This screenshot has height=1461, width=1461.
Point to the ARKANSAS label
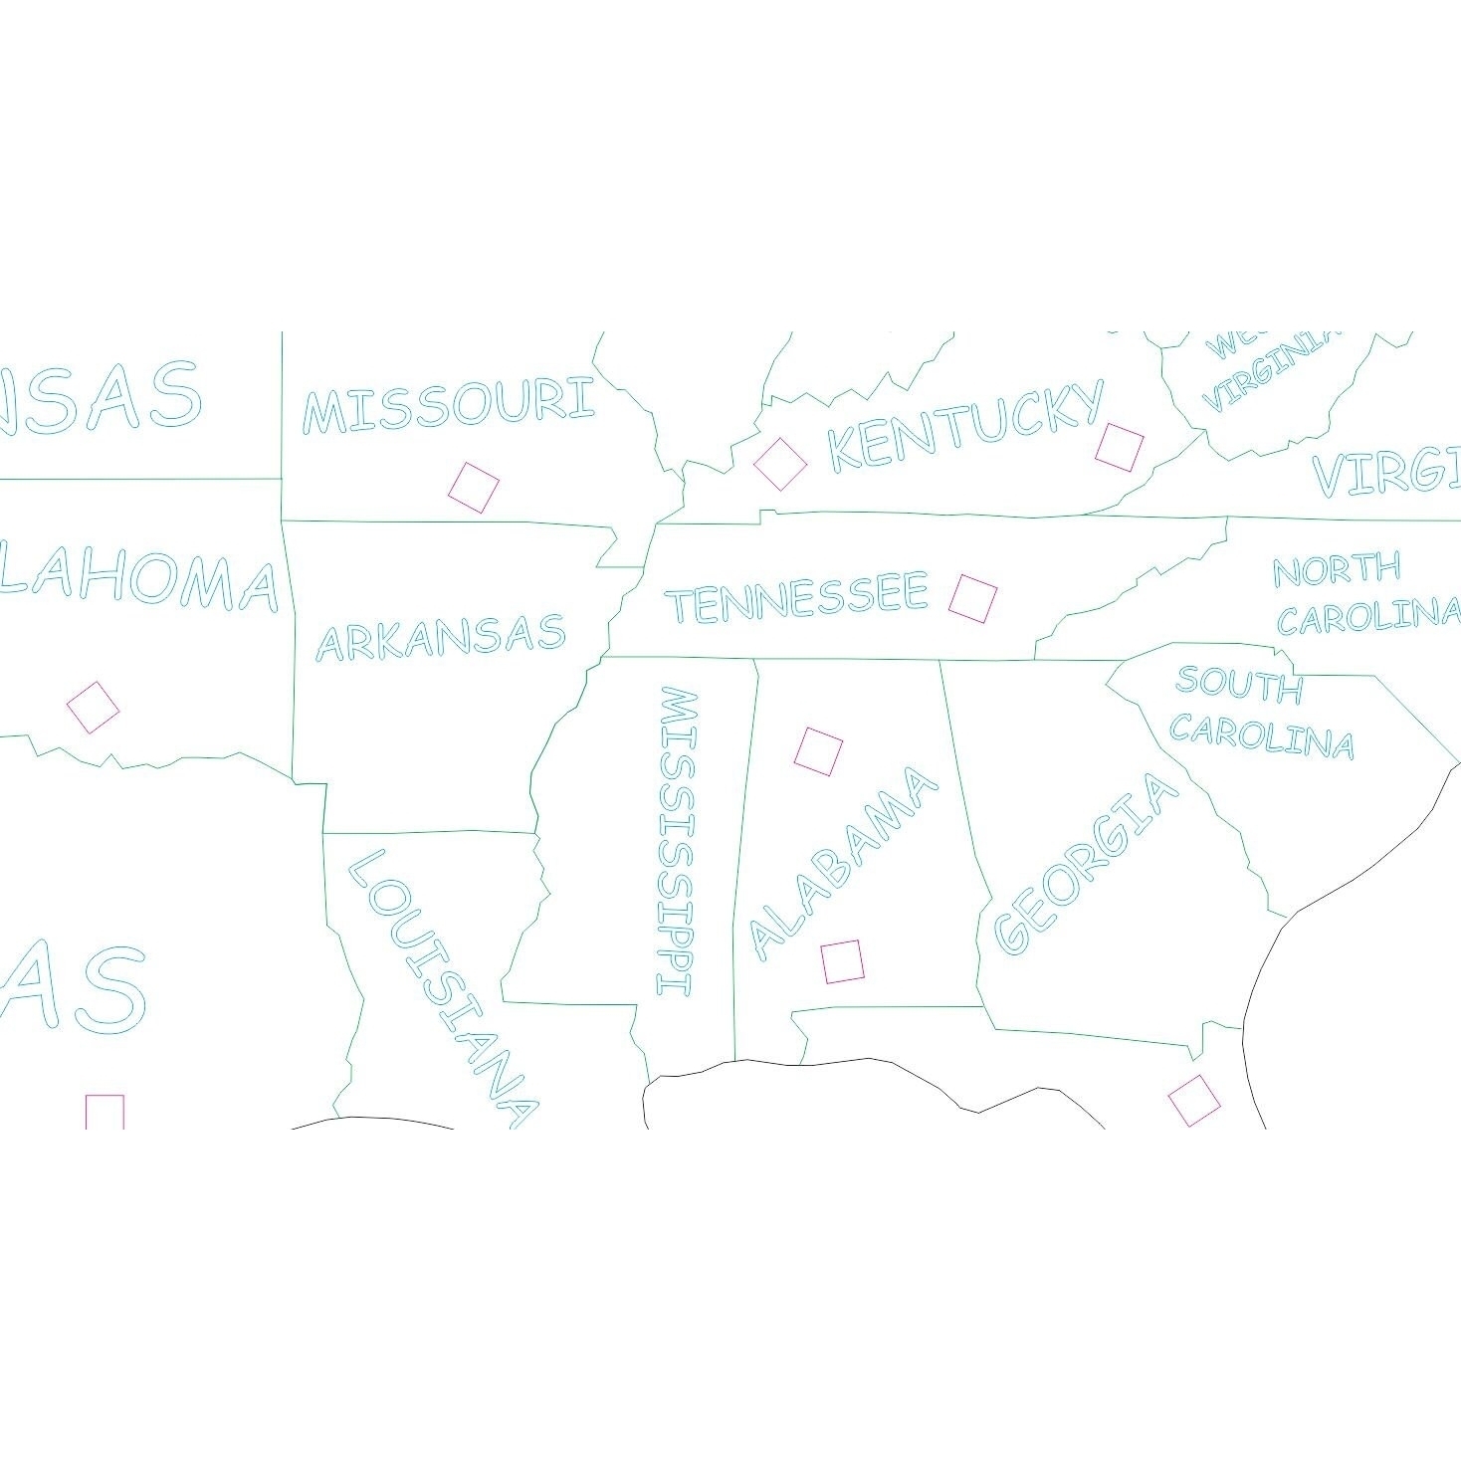pos(440,637)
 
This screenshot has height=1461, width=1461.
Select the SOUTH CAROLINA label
pos(1261,713)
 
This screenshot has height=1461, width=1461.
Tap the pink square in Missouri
pos(474,488)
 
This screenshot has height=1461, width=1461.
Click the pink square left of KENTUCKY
pos(780,463)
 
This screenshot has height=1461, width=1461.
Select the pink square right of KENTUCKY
pos(1120,447)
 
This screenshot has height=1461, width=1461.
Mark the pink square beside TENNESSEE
pos(972,598)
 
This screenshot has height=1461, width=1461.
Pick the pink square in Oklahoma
pos(93,708)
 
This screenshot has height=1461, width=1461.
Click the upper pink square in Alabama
pos(818,750)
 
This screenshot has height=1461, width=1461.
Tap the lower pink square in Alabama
pos(842,960)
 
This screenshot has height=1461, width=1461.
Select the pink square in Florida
pos(1193,1100)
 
